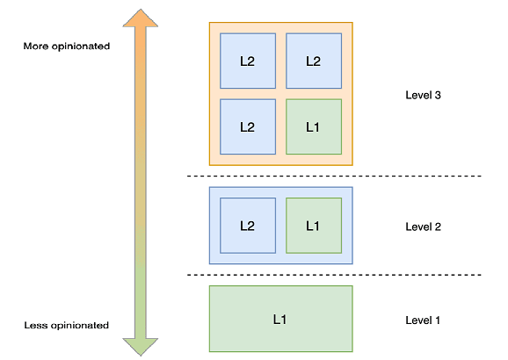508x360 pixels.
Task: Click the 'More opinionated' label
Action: coord(67,46)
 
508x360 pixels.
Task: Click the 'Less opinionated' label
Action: coord(67,325)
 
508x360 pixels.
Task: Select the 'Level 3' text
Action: coord(423,95)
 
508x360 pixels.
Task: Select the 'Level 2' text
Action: coord(423,227)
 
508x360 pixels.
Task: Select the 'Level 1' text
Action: coord(423,320)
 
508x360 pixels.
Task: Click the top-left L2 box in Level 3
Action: coord(248,61)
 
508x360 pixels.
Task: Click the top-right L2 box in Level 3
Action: coord(314,61)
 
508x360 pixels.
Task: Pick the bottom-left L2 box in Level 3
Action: coord(248,126)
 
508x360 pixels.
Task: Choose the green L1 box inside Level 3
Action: coord(314,126)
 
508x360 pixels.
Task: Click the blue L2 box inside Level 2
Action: coord(248,226)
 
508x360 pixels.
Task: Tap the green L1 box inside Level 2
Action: coord(314,226)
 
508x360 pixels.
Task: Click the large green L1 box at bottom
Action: coord(280,319)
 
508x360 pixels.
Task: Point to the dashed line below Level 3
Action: coord(334,176)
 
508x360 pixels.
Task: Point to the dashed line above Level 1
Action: coord(334,275)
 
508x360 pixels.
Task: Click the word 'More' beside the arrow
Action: coord(37,46)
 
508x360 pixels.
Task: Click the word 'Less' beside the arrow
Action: coord(35,325)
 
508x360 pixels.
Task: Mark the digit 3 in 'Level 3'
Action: coord(437,95)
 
